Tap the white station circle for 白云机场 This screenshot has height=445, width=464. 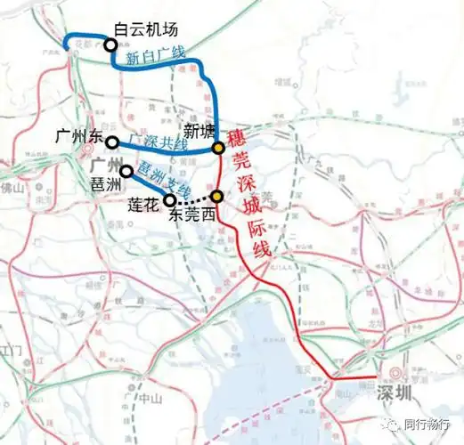point(110,44)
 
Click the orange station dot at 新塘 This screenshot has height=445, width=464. point(218,150)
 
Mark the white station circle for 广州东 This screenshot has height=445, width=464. point(112,142)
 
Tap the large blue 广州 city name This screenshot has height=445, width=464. point(106,166)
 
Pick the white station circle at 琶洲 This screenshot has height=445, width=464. point(126,171)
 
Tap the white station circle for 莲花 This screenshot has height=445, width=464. point(169,200)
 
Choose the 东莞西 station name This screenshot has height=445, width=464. point(191,214)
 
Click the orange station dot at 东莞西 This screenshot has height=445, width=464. point(216,195)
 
